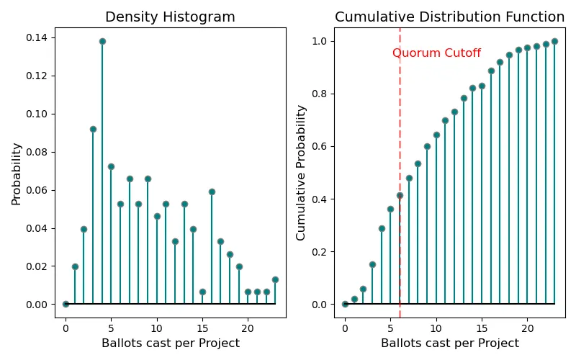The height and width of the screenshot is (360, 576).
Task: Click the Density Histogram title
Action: [171, 17]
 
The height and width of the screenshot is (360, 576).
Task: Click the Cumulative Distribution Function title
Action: [449, 17]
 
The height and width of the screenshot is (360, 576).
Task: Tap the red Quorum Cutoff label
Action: [436, 53]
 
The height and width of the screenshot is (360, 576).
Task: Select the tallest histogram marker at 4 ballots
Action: [102, 41]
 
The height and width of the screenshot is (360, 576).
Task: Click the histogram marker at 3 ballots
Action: [93, 129]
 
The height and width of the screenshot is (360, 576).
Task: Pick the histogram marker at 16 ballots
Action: [212, 192]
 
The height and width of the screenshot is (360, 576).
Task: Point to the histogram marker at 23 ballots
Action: [275, 279]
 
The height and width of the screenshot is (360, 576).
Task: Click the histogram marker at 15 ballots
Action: [202, 292]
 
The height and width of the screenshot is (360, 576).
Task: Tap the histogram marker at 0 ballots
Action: [66, 304]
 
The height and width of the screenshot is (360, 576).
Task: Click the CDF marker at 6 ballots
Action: [400, 195]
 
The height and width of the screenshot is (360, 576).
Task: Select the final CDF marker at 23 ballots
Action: [554, 41]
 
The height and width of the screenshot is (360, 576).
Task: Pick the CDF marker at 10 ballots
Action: [436, 135]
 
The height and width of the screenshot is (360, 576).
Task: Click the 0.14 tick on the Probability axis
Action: [44, 37]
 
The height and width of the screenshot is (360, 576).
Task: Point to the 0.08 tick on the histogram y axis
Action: [44, 152]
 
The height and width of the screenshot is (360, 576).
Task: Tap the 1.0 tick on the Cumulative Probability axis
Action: [323, 41]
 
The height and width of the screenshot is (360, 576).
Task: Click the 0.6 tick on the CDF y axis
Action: [323, 146]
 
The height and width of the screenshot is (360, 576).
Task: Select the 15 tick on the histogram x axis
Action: [202, 327]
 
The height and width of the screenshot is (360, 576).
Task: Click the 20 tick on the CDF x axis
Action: [527, 327]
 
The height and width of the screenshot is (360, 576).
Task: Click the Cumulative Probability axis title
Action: [301, 173]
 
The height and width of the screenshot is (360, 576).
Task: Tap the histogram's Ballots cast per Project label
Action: [171, 343]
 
